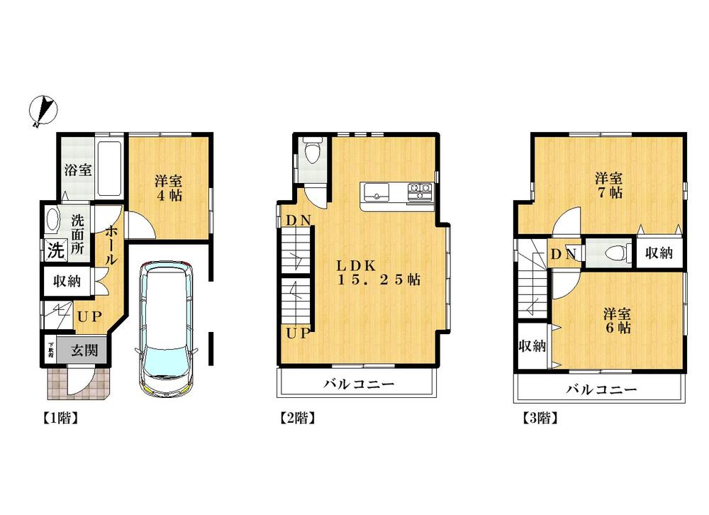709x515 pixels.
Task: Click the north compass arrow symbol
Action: pyautogui.click(x=44, y=111)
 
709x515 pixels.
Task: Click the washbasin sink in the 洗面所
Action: pyautogui.click(x=52, y=220)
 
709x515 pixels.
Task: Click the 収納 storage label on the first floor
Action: pyautogui.click(x=67, y=281)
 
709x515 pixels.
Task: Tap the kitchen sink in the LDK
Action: pyautogui.click(x=375, y=191)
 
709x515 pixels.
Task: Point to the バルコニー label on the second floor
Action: pyautogui.click(x=359, y=387)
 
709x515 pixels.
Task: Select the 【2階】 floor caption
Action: pyautogui.click(x=294, y=418)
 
